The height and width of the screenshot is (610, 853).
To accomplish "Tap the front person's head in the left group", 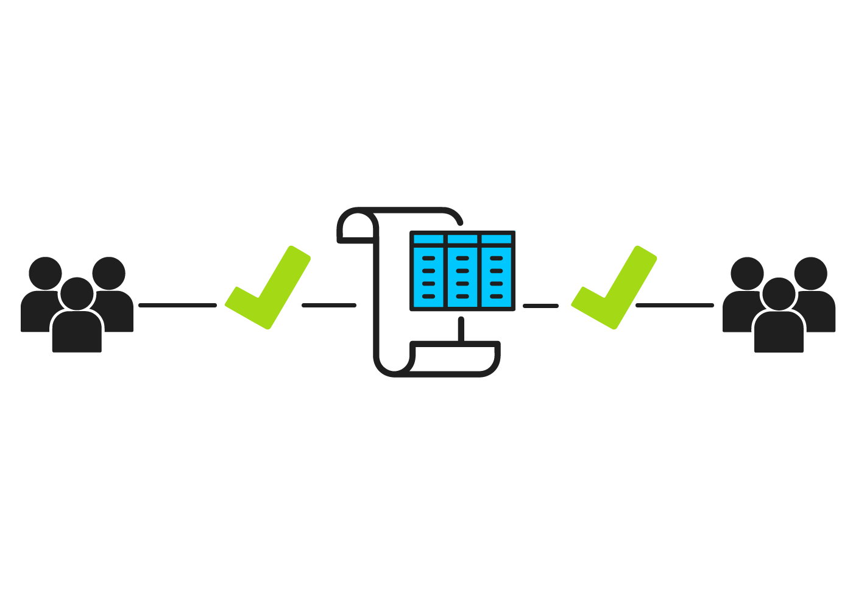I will [x=77, y=293].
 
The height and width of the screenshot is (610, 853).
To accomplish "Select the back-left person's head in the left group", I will [x=45, y=273].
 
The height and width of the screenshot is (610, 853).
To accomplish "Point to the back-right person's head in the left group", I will [x=109, y=273].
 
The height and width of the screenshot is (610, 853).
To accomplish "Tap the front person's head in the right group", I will [x=779, y=293].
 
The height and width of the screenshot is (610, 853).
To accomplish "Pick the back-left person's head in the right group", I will [x=747, y=273].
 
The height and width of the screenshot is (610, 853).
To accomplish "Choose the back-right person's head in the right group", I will [x=811, y=273].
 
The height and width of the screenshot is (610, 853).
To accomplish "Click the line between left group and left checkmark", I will [x=177, y=305].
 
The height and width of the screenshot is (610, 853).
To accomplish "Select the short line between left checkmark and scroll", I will [x=329, y=305].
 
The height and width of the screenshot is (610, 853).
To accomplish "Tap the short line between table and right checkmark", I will [x=540, y=305].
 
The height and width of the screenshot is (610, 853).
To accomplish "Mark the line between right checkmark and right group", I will [x=674, y=305].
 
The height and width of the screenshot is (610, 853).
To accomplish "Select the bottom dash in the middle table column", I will [x=462, y=296].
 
